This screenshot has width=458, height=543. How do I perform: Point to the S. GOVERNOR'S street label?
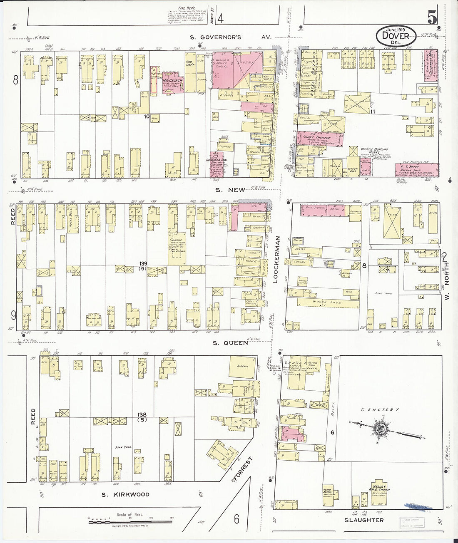pos(216,37)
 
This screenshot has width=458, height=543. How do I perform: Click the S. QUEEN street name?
pos(230,343)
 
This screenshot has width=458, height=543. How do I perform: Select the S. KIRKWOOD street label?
pos(124,494)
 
